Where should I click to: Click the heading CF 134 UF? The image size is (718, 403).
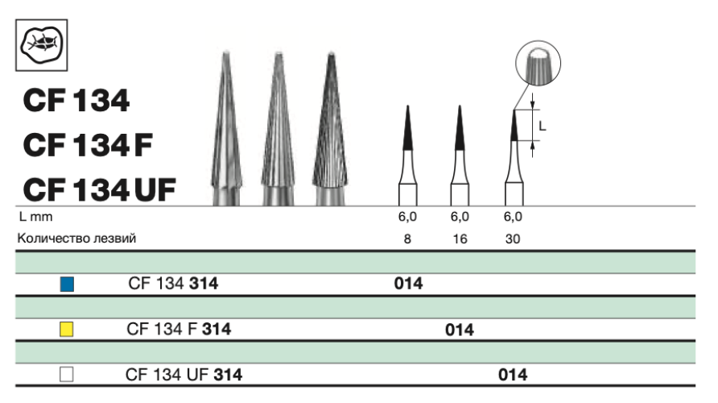tap(99, 191)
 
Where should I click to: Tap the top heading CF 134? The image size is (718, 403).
tap(76, 102)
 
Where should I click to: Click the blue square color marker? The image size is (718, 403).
tap(68, 284)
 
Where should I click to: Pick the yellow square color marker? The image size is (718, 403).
tap(68, 329)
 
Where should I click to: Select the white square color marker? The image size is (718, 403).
tap(68, 374)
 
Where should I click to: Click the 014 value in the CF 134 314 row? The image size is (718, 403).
tap(408, 284)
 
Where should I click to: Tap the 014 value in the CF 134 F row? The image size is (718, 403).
tap(459, 329)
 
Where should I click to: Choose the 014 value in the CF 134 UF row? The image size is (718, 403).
tap(513, 374)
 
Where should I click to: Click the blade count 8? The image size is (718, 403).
tap(408, 239)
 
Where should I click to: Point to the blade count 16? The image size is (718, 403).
tap(459, 239)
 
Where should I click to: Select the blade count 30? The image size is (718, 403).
tap(513, 239)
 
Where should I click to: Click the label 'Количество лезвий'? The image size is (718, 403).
tap(76, 239)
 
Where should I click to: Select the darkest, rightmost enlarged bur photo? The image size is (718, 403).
tap(330, 129)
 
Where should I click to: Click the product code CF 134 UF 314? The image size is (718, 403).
tap(184, 374)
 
